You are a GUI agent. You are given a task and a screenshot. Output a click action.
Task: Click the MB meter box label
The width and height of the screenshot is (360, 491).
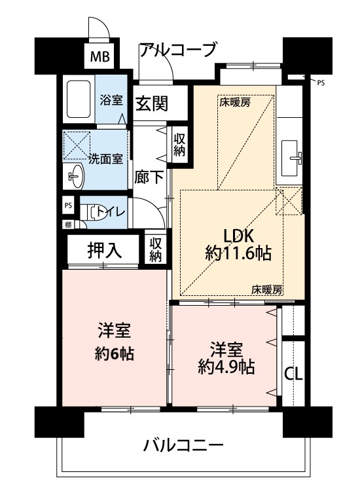(x=100, y=57)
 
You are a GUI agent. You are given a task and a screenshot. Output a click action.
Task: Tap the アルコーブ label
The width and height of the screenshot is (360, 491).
(x=178, y=50)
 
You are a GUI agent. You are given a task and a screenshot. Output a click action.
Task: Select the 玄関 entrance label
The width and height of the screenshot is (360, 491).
(x=152, y=103)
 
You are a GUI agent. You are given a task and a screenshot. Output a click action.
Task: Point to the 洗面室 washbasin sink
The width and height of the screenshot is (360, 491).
(x=75, y=176)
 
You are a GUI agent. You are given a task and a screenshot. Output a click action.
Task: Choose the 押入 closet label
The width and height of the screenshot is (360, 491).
(x=104, y=250)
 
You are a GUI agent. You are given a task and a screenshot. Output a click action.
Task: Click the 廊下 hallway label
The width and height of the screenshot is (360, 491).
(x=149, y=177)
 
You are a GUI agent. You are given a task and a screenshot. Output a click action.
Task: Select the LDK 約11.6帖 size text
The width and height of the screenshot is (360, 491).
(x=238, y=245)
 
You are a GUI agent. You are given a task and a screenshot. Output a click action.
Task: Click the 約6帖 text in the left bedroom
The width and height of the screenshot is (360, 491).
(x=115, y=354)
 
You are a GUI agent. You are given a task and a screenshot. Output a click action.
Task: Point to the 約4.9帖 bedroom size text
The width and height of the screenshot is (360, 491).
(x=226, y=367)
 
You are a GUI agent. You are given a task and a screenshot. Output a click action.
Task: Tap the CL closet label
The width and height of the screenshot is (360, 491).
(x=294, y=374)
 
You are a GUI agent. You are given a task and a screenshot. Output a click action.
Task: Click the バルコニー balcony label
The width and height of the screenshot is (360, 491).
(x=183, y=445)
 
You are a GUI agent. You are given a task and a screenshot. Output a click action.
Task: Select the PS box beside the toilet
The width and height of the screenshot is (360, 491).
(x=68, y=206)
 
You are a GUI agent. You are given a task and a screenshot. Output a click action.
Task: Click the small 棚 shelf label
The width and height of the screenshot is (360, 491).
(x=68, y=224)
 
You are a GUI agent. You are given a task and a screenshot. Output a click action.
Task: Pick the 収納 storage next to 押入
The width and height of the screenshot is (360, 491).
(x=155, y=249)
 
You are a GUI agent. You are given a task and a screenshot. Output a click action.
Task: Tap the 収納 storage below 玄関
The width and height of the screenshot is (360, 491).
(x=180, y=145)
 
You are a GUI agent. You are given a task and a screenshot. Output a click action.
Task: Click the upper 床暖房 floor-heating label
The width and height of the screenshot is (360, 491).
(x=235, y=102)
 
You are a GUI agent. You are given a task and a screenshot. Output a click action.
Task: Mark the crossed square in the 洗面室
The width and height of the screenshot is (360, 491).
(x=77, y=145)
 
